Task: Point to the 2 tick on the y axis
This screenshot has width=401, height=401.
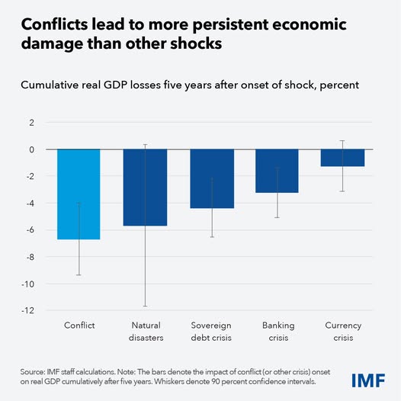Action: [x=30, y=123]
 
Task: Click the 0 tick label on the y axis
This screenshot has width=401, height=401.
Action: [x=32, y=149]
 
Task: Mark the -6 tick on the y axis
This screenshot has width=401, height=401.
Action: [x=30, y=230]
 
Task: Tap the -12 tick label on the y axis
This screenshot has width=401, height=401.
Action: [x=27, y=311]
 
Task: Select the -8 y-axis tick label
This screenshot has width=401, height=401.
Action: [x=30, y=257]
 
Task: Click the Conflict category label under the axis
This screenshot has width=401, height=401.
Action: [x=79, y=326]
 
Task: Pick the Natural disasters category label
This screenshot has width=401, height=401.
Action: [x=145, y=331]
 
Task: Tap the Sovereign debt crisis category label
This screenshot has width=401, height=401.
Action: [x=211, y=331]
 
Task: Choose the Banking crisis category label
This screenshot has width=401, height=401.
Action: [x=277, y=331]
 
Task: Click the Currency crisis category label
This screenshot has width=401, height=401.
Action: [x=342, y=331]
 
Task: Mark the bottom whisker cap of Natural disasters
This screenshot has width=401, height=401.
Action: [x=145, y=306]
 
